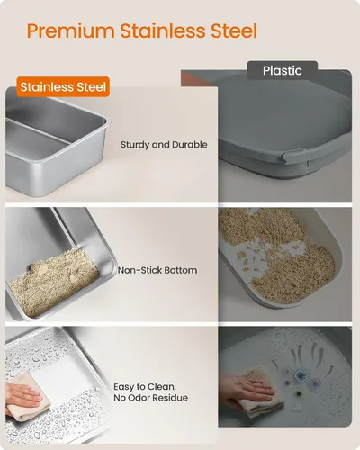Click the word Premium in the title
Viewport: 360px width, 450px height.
[71, 31]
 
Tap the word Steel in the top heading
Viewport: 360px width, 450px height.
[234, 31]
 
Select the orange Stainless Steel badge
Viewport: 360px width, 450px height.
[63, 87]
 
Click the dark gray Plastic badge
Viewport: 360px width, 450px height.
[283, 71]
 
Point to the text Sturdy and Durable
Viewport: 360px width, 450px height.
[164, 145]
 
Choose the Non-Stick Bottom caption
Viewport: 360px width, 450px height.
[157, 270]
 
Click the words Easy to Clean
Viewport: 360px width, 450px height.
[145, 387]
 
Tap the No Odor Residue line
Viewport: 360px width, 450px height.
[150, 398]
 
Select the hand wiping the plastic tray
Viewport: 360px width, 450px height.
[245, 390]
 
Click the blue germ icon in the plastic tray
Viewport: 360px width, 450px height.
[300, 375]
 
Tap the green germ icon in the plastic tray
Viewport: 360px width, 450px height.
[299, 393]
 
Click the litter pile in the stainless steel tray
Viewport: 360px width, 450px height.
[52, 282]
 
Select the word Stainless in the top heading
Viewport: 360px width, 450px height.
[163, 31]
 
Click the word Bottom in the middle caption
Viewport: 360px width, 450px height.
[181, 270]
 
